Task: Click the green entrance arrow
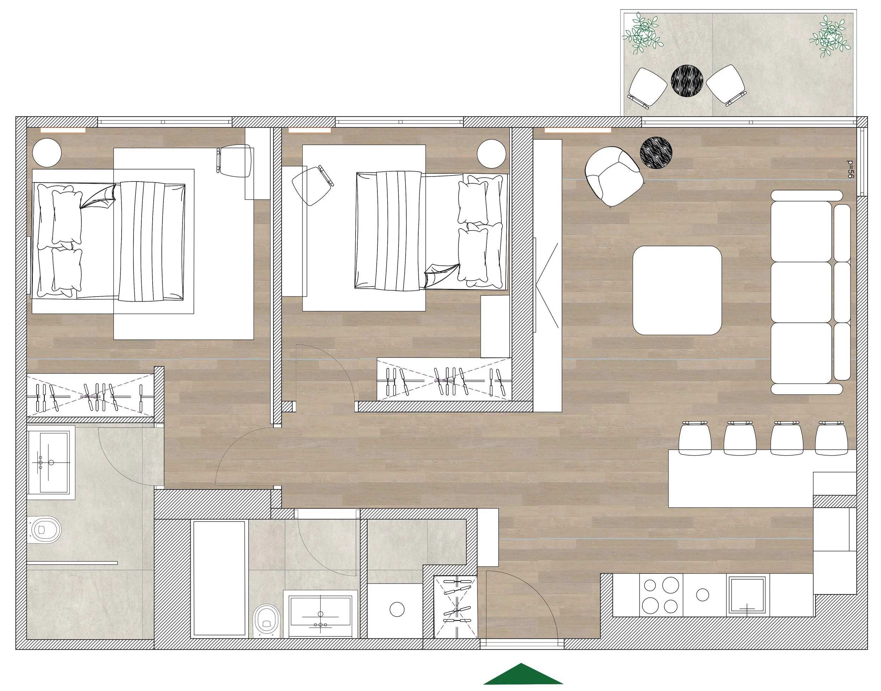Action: [x=523, y=675]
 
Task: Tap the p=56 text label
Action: [x=850, y=169]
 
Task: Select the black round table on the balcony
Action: [x=687, y=81]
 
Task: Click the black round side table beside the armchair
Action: [x=656, y=153]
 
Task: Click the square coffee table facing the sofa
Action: [x=677, y=290]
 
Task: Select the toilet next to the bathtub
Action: [x=266, y=621]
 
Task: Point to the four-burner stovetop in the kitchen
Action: [x=660, y=596]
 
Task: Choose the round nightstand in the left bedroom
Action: [x=47, y=153]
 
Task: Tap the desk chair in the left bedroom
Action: [x=235, y=161]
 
